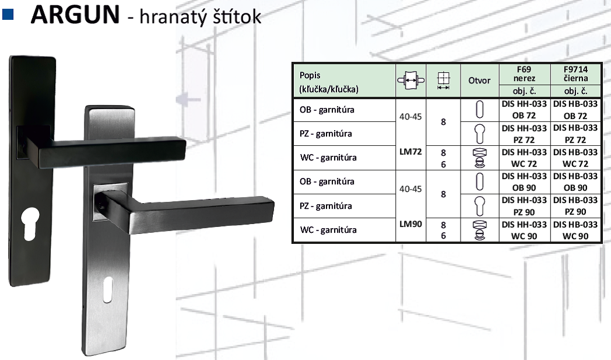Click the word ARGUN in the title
coord(75,15)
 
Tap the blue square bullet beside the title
coord(8,14)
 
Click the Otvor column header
coord(479,81)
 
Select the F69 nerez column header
coord(524,74)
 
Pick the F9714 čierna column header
coord(575,74)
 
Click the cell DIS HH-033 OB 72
coord(524,110)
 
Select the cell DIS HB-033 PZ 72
coord(575,134)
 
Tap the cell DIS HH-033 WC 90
coord(524,230)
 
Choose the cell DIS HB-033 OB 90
coord(575,182)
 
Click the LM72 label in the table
coord(410,152)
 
